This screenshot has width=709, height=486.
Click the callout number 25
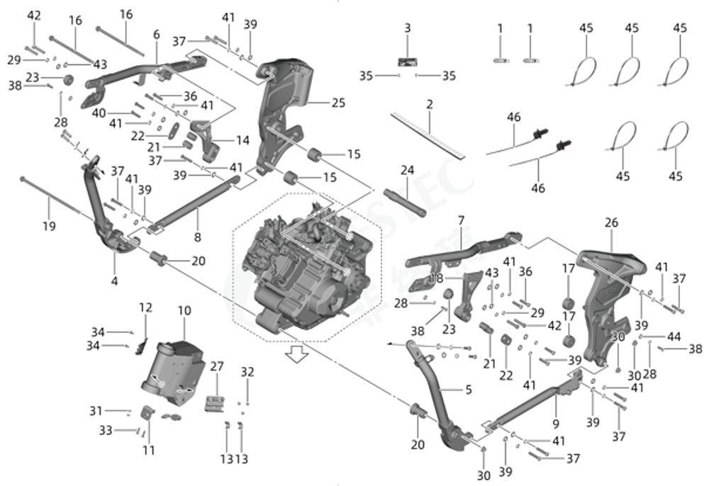(x=337, y=103)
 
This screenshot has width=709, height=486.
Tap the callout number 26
(x=611, y=222)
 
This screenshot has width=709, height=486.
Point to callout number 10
(x=184, y=310)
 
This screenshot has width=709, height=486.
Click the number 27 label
(x=217, y=366)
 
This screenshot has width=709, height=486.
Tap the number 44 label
(x=674, y=337)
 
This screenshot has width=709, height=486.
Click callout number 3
(x=407, y=28)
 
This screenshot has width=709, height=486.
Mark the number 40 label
(x=99, y=112)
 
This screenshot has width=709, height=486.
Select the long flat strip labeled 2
(x=426, y=134)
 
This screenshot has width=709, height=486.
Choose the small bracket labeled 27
(x=215, y=403)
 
